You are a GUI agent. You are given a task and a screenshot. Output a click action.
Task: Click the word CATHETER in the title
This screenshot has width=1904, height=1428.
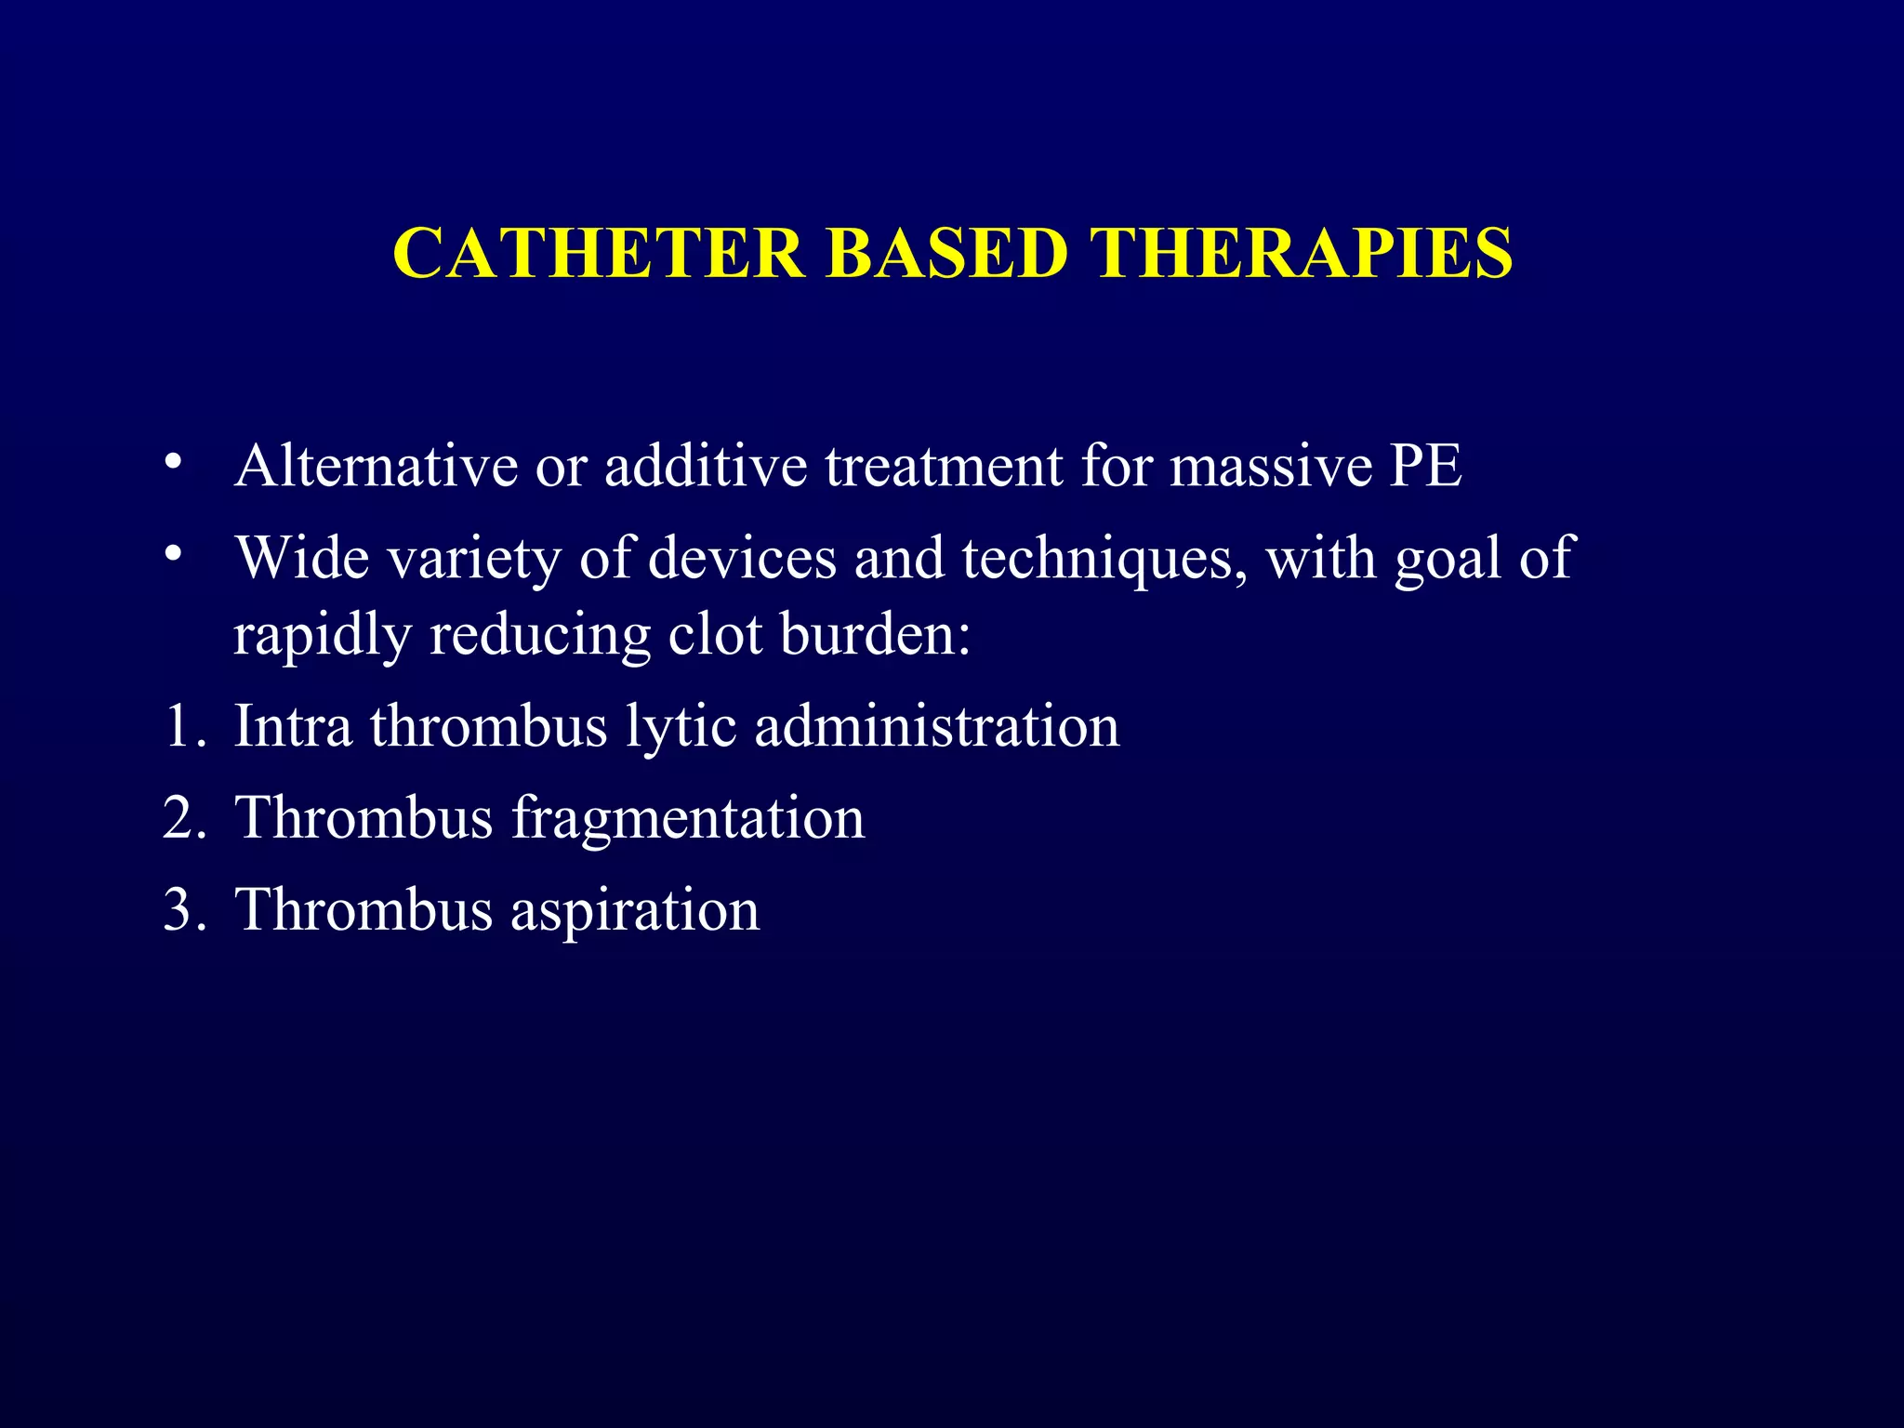(x=599, y=253)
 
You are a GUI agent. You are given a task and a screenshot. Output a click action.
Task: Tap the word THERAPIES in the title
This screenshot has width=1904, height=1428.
(x=1301, y=253)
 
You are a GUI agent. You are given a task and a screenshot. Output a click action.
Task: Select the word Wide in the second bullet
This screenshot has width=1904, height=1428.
(x=302, y=558)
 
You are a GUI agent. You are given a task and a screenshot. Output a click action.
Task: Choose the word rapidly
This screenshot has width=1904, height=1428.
(x=322, y=636)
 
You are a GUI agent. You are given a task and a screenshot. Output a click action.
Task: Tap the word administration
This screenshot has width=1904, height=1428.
(x=937, y=726)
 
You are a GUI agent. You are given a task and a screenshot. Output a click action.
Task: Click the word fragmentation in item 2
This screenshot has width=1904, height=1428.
(x=688, y=819)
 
